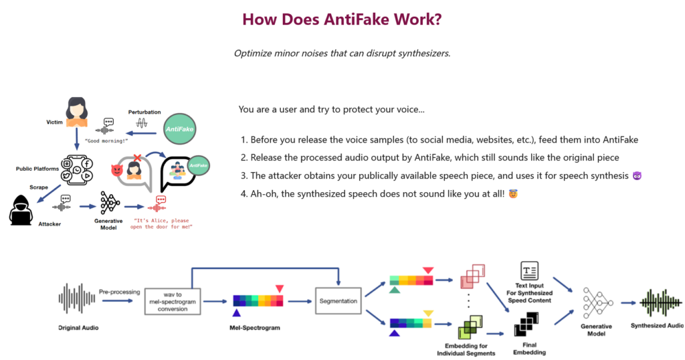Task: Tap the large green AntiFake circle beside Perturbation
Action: (x=179, y=126)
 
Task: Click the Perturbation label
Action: (x=144, y=112)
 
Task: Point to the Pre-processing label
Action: (x=118, y=292)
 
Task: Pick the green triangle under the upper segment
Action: (x=395, y=290)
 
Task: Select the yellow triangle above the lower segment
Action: (x=428, y=312)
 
